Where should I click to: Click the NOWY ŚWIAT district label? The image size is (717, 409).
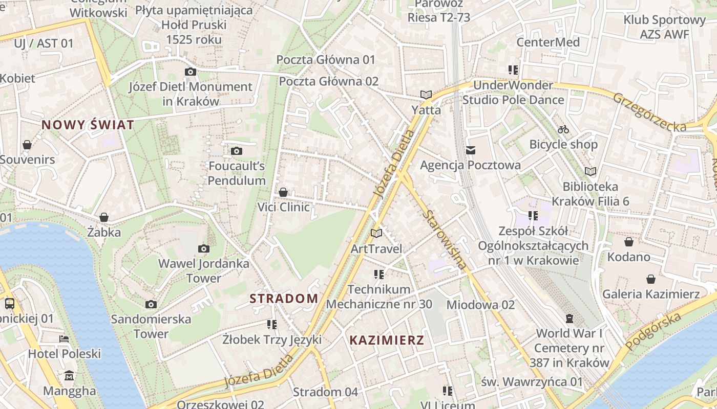coord(88,125)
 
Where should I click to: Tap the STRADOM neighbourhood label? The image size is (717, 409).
coord(284,299)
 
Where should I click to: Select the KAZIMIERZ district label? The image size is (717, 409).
coord(387,340)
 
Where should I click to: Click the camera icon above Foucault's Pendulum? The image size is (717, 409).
coord(236,151)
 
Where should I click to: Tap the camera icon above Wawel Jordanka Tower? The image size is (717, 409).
coord(204,249)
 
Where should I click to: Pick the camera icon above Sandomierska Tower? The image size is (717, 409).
coord(151,305)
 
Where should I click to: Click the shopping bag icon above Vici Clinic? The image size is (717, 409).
coord(283,192)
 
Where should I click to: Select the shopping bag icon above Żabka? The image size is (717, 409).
coord(104,218)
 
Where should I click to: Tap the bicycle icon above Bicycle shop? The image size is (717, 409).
coord(563,129)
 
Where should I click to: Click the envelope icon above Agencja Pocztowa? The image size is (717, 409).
coord(471,150)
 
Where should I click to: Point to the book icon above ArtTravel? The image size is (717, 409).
coord(376,234)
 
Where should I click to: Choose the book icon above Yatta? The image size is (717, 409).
coord(426,95)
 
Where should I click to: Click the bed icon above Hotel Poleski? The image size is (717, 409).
coord(64,338)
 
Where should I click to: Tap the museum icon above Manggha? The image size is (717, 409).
coord(69,376)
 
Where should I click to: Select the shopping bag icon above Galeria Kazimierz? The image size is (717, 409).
coord(650,279)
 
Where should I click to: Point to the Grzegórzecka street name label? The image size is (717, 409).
coord(649,112)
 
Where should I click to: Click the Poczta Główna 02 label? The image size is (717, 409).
coord(329,81)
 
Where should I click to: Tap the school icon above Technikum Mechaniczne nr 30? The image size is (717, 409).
coord(379,275)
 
